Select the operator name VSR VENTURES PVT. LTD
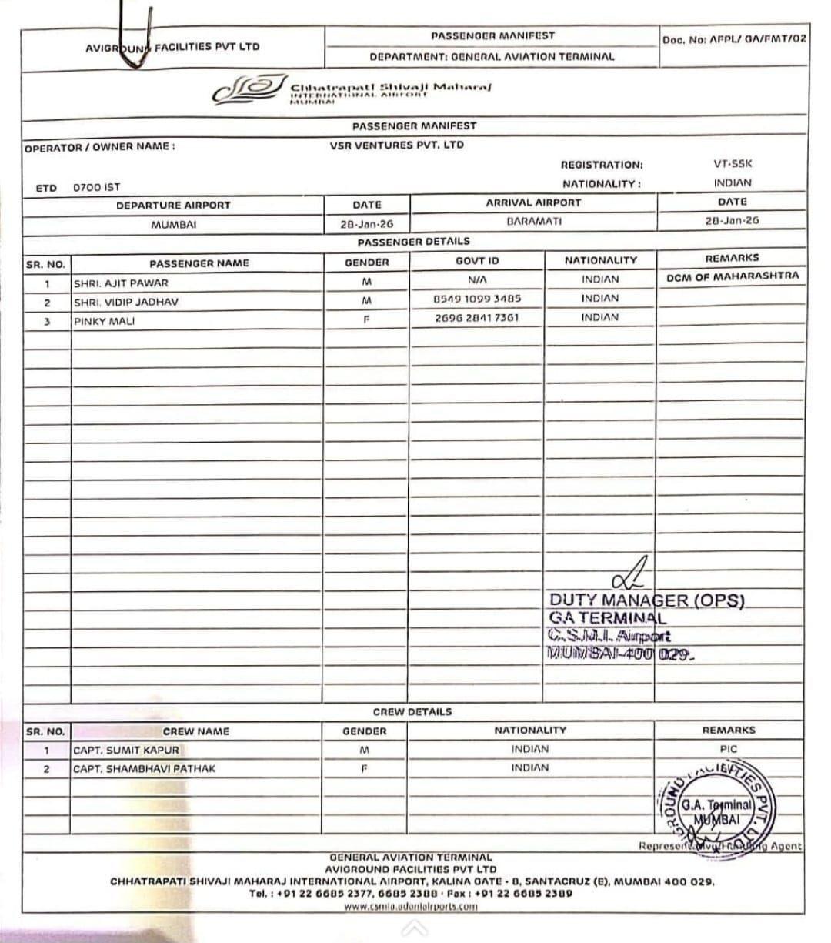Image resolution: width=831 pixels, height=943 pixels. point(397,145)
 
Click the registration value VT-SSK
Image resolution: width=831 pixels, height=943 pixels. point(733,163)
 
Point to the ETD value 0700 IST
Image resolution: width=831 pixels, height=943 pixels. point(96,187)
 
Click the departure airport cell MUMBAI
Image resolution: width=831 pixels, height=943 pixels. point(173,225)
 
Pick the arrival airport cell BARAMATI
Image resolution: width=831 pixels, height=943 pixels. point(534,221)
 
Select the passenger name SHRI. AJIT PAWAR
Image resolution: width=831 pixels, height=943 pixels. point(121,283)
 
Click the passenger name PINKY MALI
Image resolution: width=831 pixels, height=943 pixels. point(104,321)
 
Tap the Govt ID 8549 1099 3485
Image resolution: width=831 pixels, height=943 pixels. point(477,298)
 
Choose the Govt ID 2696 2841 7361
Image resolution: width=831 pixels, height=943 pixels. point(477,317)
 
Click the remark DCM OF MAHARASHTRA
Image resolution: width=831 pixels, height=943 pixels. point(733,276)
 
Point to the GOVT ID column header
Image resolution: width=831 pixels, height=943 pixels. point(477,261)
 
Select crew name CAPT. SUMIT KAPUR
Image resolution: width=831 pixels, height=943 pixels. point(126,750)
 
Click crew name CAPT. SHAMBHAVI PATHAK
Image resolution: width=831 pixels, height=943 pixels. point(145,768)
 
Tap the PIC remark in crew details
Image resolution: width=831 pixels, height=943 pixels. point(729,748)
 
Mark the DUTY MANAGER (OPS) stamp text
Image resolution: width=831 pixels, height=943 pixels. point(646,600)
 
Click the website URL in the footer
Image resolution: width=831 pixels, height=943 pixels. point(410,906)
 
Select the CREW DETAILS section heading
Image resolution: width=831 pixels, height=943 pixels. point(412,712)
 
